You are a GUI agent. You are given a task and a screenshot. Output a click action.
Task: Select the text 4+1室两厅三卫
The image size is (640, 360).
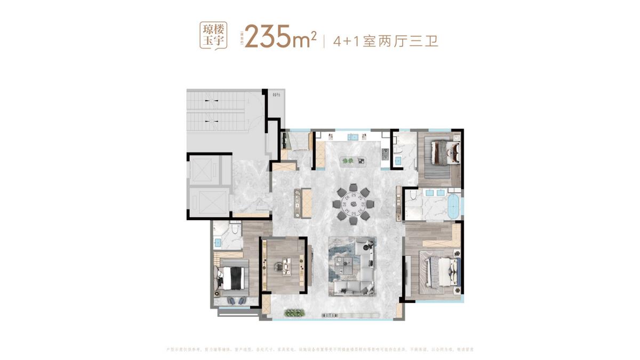[385, 41]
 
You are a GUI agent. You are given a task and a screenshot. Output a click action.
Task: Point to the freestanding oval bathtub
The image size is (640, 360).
[453, 206]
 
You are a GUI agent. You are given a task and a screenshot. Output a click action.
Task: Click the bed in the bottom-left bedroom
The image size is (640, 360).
[231, 278]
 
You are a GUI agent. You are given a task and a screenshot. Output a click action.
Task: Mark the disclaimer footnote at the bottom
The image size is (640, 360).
[320, 349]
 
